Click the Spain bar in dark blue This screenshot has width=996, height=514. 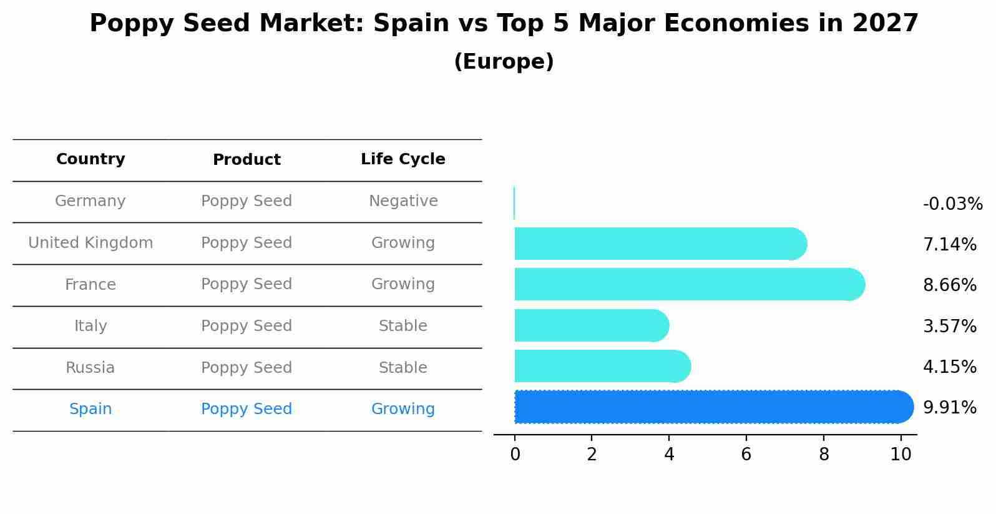tap(711, 407)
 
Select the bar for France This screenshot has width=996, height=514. tap(686, 285)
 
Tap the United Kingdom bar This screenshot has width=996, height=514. tap(658, 244)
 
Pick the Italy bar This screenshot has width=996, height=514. tap(590, 325)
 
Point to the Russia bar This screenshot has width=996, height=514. tap(600, 367)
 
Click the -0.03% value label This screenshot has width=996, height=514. tap(952, 204)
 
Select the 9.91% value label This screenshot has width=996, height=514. tap(949, 408)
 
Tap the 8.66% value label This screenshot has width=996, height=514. tap(949, 285)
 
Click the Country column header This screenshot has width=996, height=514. tap(90, 159)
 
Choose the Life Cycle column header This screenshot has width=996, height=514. tap(403, 159)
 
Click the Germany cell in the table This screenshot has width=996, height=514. tap(90, 201)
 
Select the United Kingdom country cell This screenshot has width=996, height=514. tap(90, 243)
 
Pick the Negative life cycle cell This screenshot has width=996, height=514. tap(403, 201)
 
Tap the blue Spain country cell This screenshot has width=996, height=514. tap(90, 409)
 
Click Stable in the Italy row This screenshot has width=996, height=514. tap(403, 326)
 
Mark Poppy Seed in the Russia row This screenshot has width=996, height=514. tap(247, 368)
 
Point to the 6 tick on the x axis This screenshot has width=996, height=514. tap(746, 455)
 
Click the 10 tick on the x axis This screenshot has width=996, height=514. tap(901, 455)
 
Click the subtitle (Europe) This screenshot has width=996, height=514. tap(504, 62)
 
